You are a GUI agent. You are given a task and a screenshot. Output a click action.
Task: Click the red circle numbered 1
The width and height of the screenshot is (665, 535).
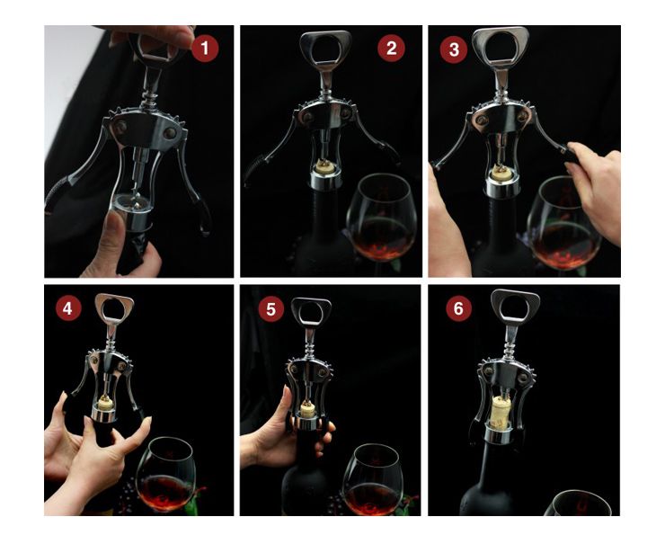[x=205, y=48]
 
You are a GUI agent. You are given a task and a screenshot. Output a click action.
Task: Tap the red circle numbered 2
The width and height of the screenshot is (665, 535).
[x=391, y=48]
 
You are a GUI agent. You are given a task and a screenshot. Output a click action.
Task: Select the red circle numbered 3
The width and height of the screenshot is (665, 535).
[x=454, y=49]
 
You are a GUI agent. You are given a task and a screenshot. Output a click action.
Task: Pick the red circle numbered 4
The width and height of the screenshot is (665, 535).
[x=68, y=308]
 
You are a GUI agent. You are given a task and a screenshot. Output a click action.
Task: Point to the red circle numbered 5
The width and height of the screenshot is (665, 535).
[x=271, y=309]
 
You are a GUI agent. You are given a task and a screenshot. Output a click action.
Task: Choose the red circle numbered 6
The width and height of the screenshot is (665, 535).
[x=458, y=308]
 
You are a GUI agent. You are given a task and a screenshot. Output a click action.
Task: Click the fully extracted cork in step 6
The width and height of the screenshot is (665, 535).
[x=501, y=412]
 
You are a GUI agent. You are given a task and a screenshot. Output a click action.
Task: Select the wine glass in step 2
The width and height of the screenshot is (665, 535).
[x=382, y=220]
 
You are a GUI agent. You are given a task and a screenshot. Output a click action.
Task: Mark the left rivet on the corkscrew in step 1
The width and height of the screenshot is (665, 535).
[x=120, y=126]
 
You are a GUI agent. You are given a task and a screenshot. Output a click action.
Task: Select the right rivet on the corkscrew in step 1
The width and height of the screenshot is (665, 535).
[x=170, y=133]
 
